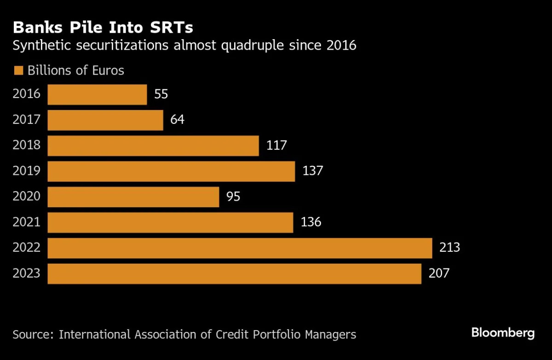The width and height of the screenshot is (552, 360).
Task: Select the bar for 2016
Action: [x=97, y=94]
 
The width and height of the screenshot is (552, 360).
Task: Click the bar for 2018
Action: [x=153, y=145]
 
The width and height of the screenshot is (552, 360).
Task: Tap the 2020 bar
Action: [x=133, y=197]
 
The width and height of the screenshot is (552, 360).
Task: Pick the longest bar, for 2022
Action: [x=240, y=248]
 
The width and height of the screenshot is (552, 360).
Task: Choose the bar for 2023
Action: [x=234, y=273]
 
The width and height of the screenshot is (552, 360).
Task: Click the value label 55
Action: [x=161, y=94]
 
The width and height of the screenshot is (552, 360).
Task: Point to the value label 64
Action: [x=177, y=120]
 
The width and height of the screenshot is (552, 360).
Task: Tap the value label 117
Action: [x=276, y=145]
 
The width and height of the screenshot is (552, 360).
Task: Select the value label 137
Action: [x=313, y=171]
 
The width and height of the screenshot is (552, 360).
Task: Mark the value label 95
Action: [x=233, y=197]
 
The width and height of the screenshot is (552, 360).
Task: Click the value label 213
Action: [x=449, y=248]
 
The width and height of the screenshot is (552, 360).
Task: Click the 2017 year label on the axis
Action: [x=27, y=120]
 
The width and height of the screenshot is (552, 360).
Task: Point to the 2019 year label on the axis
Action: [x=27, y=171]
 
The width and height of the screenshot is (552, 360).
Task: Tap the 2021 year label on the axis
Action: [x=27, y=222]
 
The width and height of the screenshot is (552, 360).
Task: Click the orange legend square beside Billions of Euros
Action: [x=18, y=71]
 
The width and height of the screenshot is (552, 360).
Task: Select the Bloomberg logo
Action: [x=503, y=333]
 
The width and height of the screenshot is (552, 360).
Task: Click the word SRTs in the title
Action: [x=170, y=28]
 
